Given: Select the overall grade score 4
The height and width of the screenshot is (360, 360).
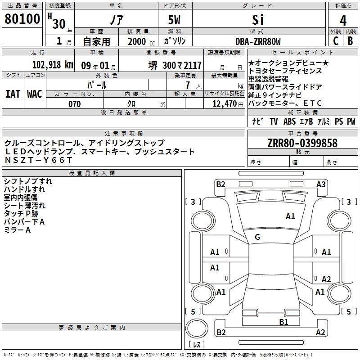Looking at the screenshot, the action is (343, 20).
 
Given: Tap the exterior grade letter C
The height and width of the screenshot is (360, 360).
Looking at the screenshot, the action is (335, 40).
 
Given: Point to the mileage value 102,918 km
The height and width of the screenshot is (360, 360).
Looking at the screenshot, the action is (53, 64).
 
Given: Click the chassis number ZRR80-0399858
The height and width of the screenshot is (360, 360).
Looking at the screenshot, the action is (302, 143).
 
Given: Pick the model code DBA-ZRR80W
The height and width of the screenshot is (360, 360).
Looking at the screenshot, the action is (258, 41).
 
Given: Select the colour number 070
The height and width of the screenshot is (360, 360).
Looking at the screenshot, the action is (74, 104).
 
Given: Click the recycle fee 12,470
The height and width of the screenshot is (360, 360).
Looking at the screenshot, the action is (224, 104).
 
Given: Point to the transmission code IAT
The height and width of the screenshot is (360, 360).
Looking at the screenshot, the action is (13, 94).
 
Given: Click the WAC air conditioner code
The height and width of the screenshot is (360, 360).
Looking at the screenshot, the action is (35, 94).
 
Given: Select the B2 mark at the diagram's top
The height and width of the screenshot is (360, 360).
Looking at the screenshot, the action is (220, 184).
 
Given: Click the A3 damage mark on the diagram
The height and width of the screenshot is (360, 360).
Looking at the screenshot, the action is (321, 184).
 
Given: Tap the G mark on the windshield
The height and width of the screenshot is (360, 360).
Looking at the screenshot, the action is (257, 237).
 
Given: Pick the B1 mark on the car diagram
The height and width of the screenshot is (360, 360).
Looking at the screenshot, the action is (283, 322).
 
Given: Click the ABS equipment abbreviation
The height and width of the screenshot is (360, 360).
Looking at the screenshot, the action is (289, 121).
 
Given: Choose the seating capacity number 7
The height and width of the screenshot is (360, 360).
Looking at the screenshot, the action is (186, 85).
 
